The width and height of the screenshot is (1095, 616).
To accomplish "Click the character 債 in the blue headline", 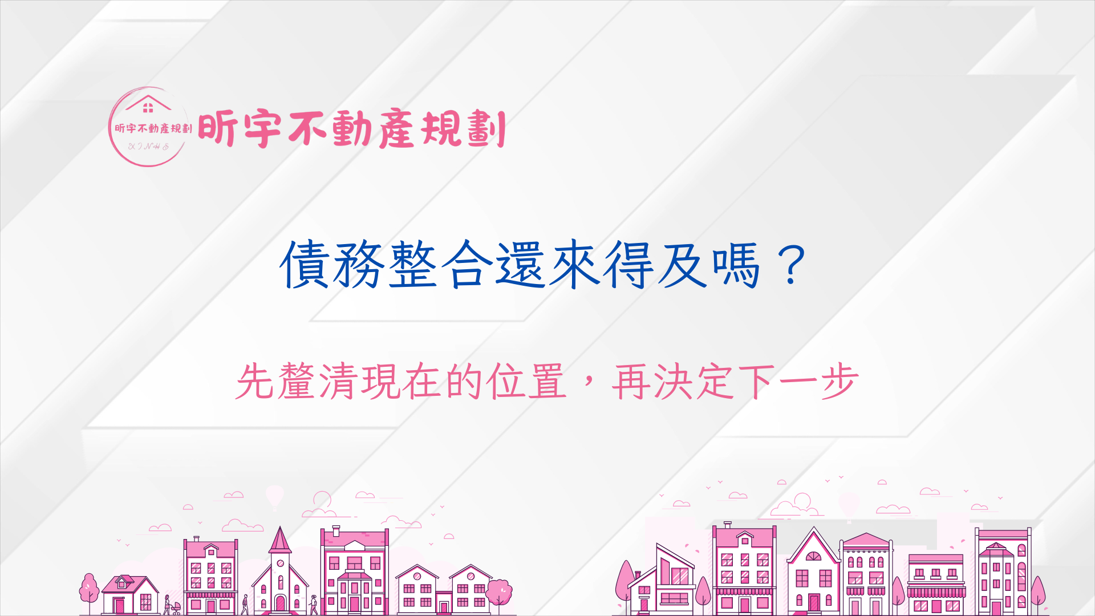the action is (x=305, y=265).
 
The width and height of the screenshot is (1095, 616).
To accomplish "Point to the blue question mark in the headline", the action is (x=791, y=265).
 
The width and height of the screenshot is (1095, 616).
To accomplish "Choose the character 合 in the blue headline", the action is (x=468, y=265).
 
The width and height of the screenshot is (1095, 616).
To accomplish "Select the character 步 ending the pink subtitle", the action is (x=839, y=381).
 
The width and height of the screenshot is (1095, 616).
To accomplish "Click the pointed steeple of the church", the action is (x=280, y=540).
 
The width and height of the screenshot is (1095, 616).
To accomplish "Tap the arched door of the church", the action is (x=280, y=603).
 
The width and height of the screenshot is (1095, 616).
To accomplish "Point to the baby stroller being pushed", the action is (x=176, y=608).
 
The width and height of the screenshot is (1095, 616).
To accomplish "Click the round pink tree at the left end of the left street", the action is (x=89, y=589).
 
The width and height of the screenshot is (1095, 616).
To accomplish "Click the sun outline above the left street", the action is (x=322, y=500).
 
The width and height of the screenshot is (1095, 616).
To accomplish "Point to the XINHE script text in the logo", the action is (x=149, y=147).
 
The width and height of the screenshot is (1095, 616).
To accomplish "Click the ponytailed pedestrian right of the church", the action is (x=314, y=605).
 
